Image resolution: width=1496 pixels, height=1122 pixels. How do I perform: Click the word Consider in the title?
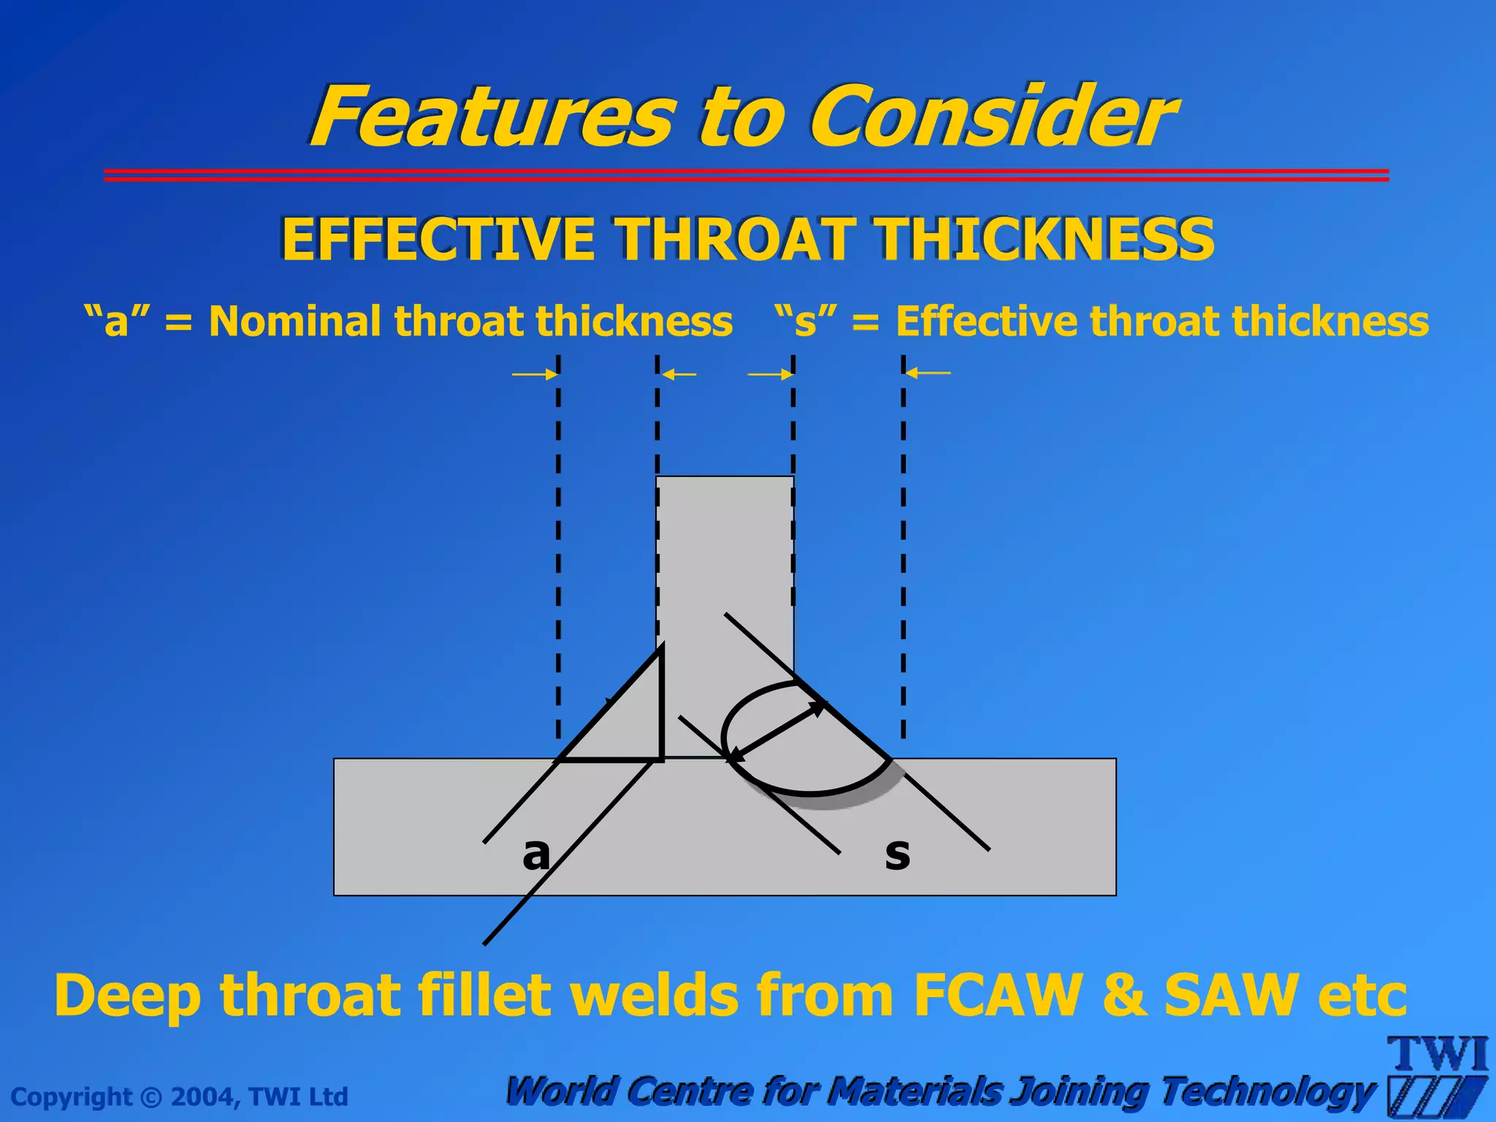(x=993, y=117)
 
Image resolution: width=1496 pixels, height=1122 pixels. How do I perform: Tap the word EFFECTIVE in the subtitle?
(x=438, y=240)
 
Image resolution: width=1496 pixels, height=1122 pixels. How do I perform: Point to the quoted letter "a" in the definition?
(x=116, y=321)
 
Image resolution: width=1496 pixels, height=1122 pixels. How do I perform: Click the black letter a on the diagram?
(x=535, y=853)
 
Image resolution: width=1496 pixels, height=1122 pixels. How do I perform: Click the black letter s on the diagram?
(x=897, y=853)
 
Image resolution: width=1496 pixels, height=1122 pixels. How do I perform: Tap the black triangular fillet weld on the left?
(x=628, y=723)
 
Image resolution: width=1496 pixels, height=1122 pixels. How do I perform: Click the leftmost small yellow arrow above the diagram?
(x=535, y=375)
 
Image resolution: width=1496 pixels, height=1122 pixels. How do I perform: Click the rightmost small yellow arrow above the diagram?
(x=928, y=373)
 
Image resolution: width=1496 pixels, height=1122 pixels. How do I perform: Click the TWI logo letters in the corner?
(x=1439, y=1055)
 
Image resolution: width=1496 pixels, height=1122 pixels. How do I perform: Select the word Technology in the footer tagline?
(x=1267, y=1091)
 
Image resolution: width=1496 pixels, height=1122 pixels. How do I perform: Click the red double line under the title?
(x=745, y=175)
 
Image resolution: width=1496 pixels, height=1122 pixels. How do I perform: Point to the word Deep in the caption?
(x=127, y=996)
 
